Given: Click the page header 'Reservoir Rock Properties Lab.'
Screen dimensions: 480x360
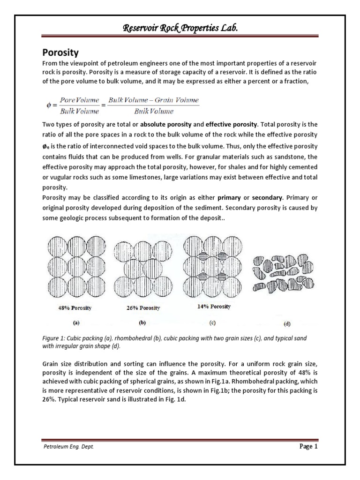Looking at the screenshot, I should [180, 29].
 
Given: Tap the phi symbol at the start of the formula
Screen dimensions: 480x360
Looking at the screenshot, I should [48, 105].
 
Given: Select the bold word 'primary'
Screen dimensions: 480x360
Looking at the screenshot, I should [239, 197].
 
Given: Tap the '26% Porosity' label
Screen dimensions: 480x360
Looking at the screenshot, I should [143, 308].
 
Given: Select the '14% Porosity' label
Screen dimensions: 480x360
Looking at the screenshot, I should [213, 307].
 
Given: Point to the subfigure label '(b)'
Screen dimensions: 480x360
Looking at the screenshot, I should [143, 323].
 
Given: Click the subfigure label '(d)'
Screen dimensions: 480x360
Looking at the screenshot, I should [287, 323].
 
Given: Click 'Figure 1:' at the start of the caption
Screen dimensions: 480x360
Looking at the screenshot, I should [54, 338].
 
